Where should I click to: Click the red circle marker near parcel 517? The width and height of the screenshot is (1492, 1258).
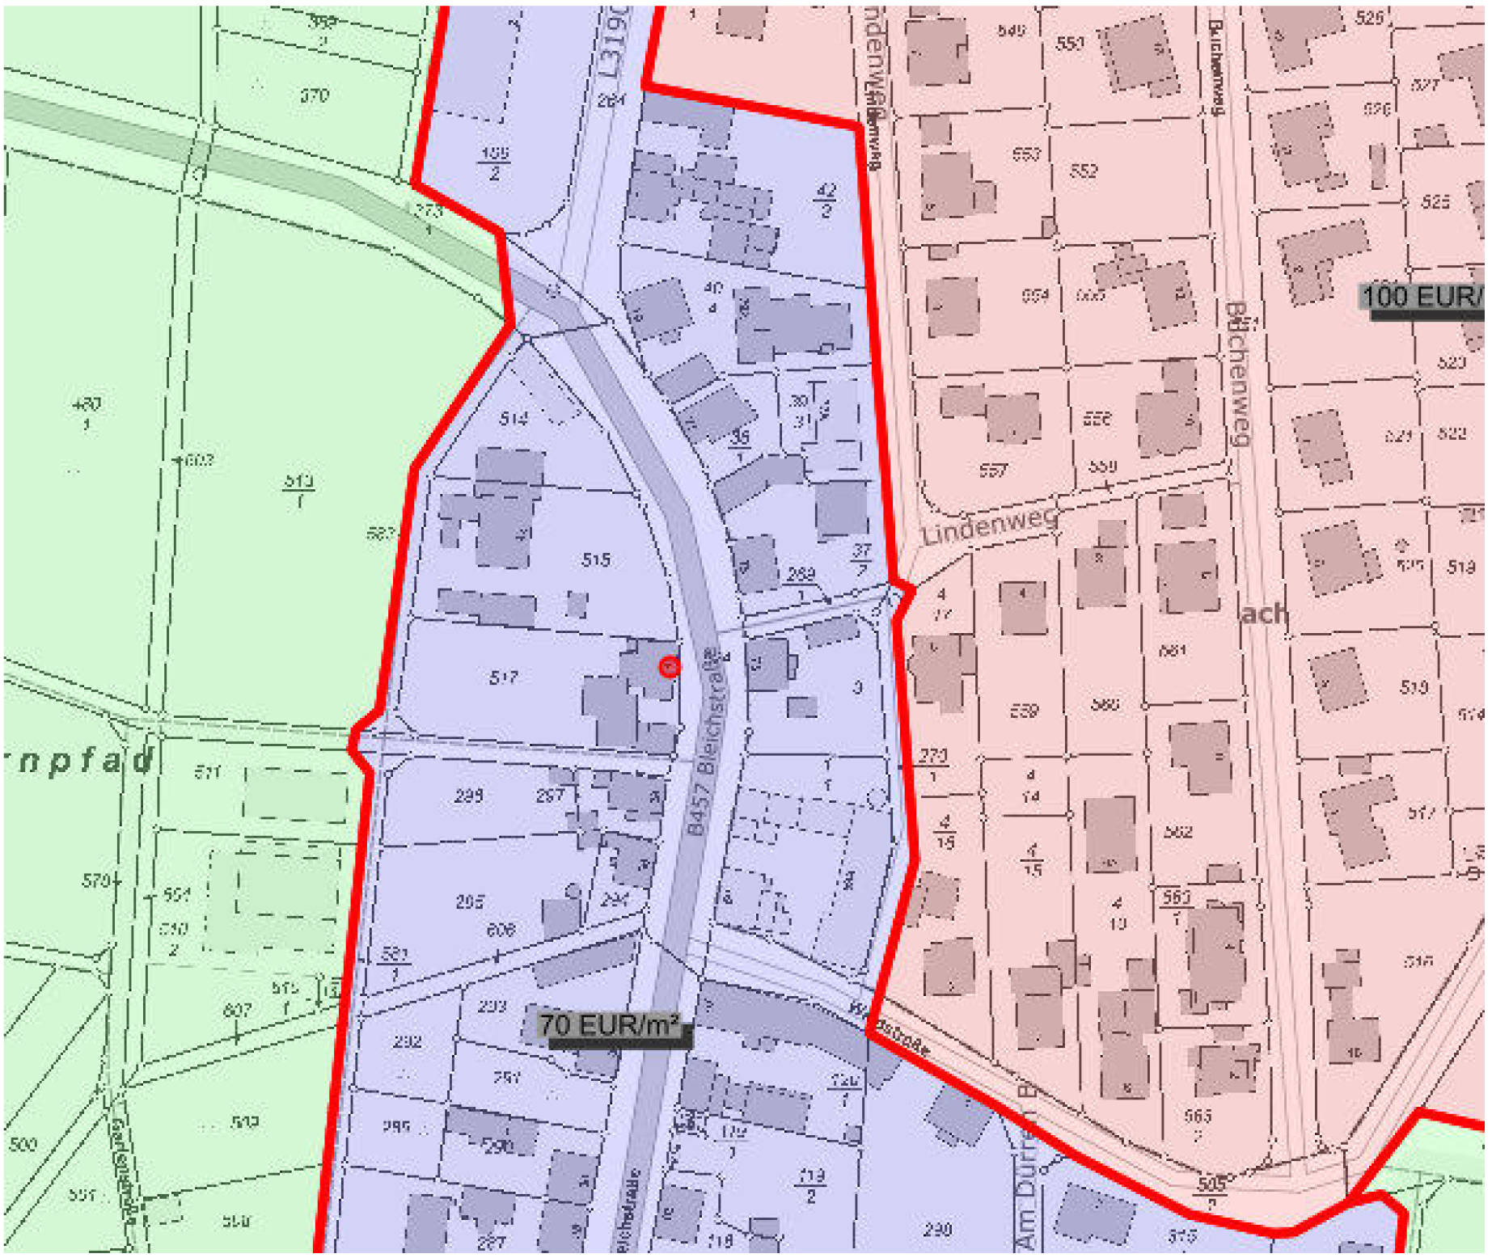tap(670, 667)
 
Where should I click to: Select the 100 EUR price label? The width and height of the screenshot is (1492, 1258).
tap(1422, 297)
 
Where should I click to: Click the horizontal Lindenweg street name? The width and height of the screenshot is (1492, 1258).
tap(989, 524)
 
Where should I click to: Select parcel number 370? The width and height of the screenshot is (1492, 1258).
tap(315, 95)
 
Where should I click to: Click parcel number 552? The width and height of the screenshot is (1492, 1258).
tap(1084, 171)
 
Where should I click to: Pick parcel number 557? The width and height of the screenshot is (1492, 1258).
tap(993, 471)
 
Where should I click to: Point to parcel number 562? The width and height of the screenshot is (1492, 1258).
tap(1177, 832)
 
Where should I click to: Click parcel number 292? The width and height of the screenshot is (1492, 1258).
tap(407, 1041)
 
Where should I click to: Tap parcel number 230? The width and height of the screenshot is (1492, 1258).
tap(937, 1230)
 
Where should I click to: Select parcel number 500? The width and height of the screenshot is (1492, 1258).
tap(23, 1144)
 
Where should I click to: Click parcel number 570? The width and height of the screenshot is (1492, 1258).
tap(97, 880)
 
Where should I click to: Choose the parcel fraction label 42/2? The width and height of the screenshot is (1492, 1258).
tap(826, 201)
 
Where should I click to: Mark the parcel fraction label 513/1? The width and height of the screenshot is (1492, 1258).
tap(298, 490)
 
